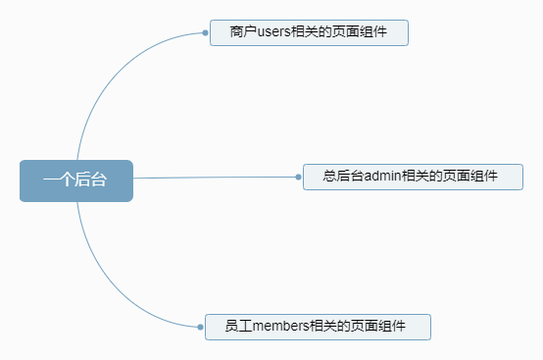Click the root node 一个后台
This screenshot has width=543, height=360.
[75, 180]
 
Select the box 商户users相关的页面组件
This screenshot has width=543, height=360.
[308, 32]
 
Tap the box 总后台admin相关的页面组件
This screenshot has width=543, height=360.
[412, 177]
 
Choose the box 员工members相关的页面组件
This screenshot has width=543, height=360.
[318, 327]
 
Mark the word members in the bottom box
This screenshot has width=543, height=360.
[281, 327]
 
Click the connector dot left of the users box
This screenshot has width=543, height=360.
[205, 32]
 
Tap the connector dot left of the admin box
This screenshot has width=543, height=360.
[298, 177]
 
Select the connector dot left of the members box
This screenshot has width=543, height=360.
[200, 327]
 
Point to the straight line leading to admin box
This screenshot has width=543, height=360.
[216, 178]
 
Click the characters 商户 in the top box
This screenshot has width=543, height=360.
[241, 32]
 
